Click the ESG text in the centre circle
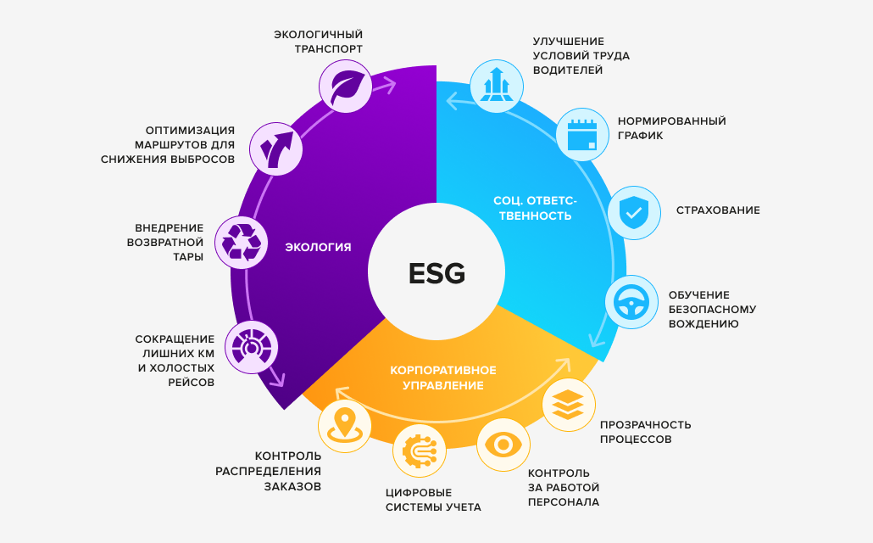pos(436,273)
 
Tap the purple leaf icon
pos(345,87)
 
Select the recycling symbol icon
pos(241,243)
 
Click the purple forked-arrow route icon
pos(275,148)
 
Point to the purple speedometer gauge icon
pos(251,347)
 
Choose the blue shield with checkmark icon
pos(634,213)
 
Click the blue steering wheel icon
pos(631,302)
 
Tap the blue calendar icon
pos(582,135)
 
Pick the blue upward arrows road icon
pos(497,87)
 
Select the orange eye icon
pos(503,445)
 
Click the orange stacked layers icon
pos(569,405)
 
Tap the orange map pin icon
pos(345,426)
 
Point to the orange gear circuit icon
pos(420,451)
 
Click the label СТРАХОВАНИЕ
pos(718,210)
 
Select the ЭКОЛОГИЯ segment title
pos(318,247)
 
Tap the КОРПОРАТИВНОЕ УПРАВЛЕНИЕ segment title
pos(443,378)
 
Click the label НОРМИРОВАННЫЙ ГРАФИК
pos(671,128)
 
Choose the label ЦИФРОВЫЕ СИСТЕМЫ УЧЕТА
pos(433,500)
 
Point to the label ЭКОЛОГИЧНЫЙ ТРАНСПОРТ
pos(318,42)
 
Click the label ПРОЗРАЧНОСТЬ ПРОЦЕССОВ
pos(645,432)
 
